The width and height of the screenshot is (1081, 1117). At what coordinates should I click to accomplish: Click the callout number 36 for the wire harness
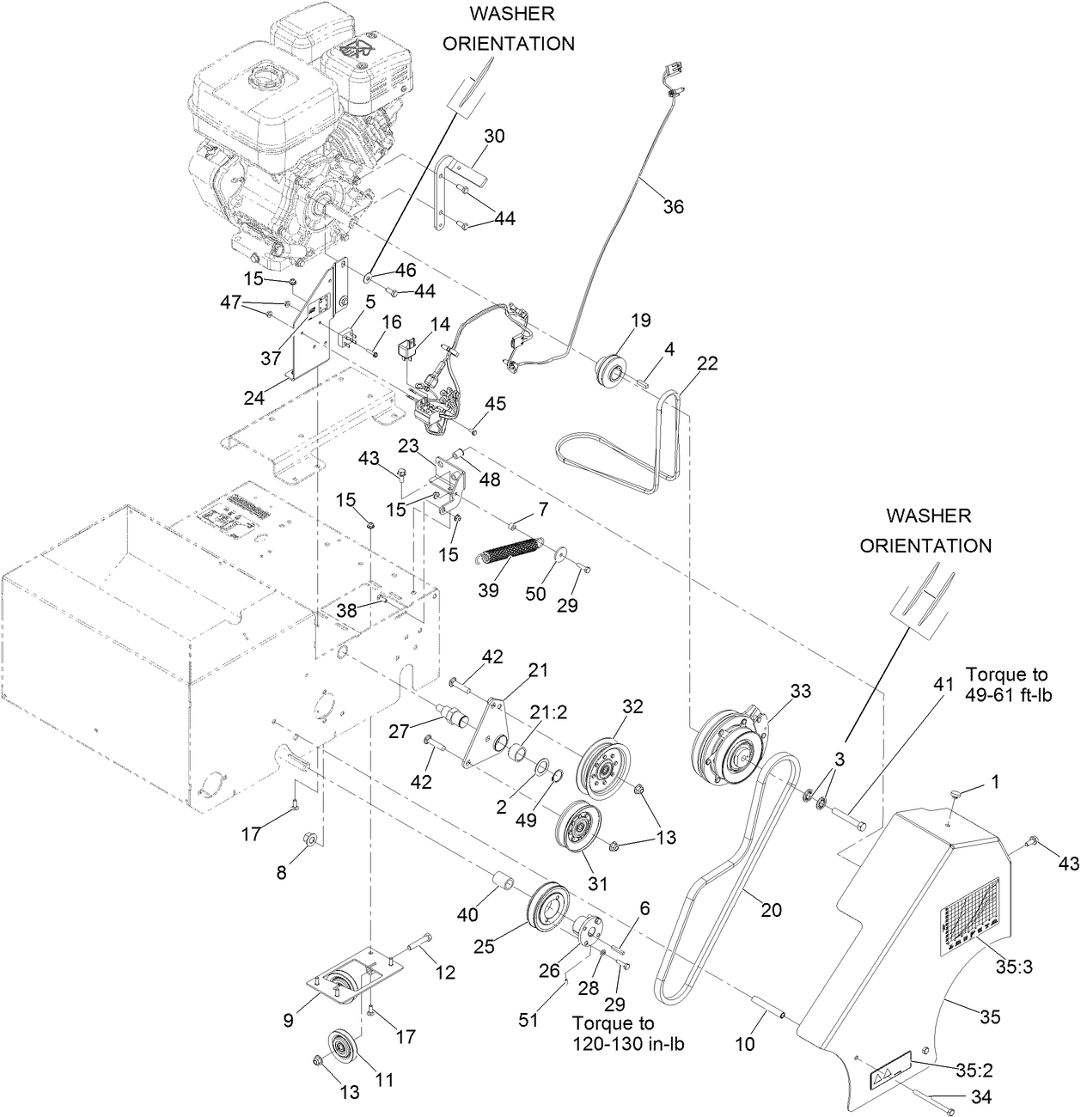point(674,207)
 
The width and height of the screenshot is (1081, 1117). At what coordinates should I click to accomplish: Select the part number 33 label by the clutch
point(800,691)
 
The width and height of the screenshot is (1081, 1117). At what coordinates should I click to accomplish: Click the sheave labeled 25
point(547,905)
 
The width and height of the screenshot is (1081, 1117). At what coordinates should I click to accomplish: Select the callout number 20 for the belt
point(772,910)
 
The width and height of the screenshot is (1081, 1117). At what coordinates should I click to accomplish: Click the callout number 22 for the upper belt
point(706,363)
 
